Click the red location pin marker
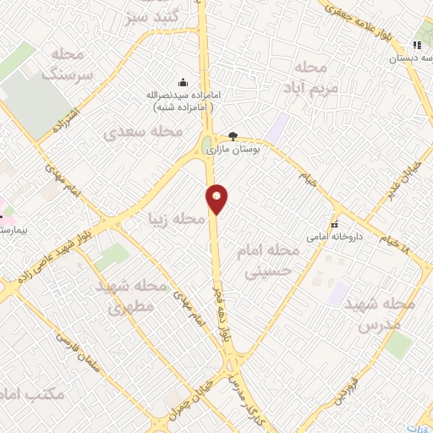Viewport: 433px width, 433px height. click(217, 199)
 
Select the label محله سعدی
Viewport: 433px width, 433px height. click(143, 132)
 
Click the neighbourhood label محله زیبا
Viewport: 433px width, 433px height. click(176, 220)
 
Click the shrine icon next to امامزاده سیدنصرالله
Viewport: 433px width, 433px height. click(182, 82)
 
